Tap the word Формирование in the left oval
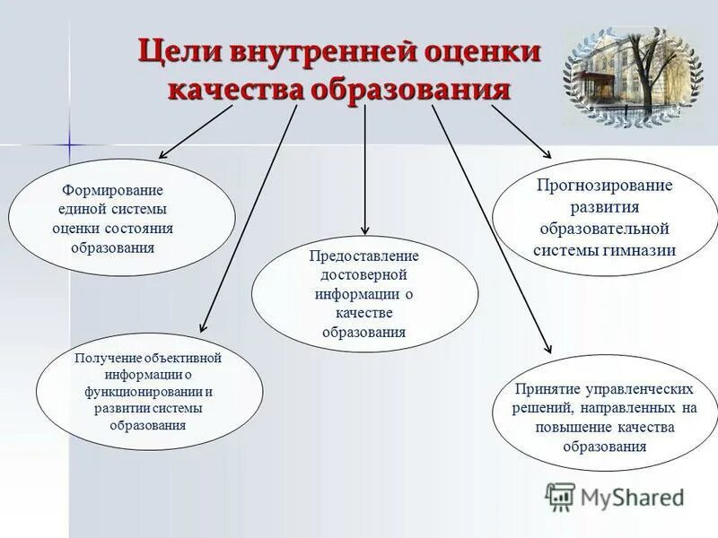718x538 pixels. [112, 191]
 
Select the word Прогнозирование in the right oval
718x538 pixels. [604, 186]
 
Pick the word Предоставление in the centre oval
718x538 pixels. [364, 256]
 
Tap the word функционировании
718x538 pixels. [144, 392]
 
